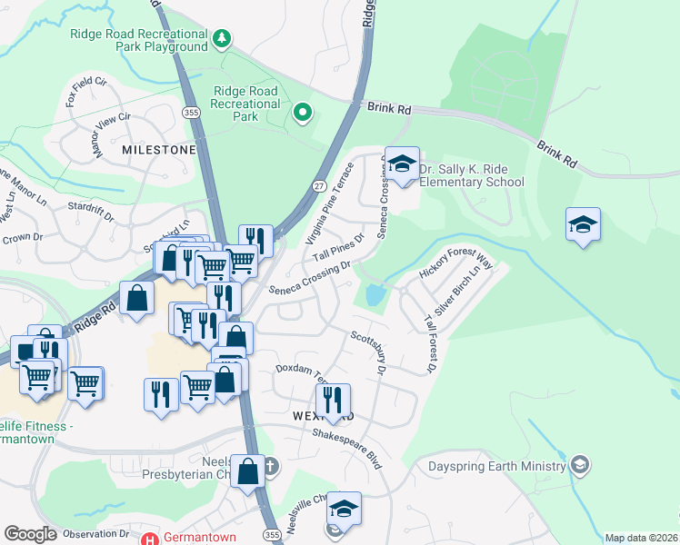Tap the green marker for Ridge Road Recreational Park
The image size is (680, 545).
pyautogui.click(x=303, y=114)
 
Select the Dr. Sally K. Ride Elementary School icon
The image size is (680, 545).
pyautogui.click(x=402, y=165)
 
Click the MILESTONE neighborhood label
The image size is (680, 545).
pyautogui.click(x=159, y=149)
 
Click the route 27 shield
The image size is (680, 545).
pyautogui.click(x=319, y=185)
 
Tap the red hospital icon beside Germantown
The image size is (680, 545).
pyautogui.click(x=150, y=537)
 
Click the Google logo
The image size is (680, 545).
pyautogui.click(x=31, y=534)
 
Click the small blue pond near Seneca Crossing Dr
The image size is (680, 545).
pyautogui.click(x=374, y=294)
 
